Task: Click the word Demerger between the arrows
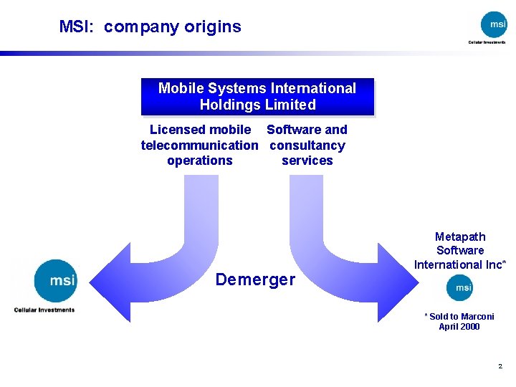click(255, 279)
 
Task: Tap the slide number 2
click(500, 366)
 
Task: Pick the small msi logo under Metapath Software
click(459, 287)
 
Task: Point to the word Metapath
click(460, 236)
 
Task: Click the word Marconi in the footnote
click(477, 316)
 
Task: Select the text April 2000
click(459, 327)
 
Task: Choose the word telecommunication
click(199, 145)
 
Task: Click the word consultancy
click(307, 145)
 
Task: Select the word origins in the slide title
click(213, 27)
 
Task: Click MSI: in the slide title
click(77, 27)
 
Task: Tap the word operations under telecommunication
click(199, 161)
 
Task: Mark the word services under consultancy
click(307, 161)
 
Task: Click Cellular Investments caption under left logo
click(44, 310)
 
